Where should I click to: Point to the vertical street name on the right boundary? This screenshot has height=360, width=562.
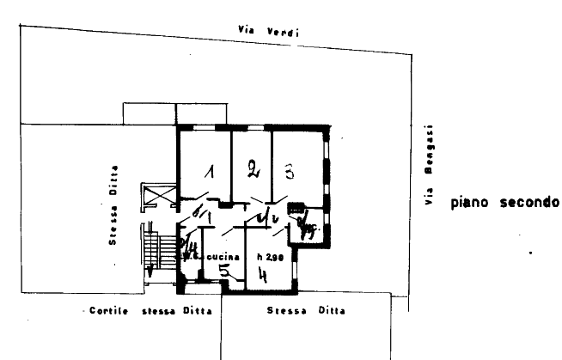point(427,163)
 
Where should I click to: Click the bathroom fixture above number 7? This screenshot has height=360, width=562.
point(297,209)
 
